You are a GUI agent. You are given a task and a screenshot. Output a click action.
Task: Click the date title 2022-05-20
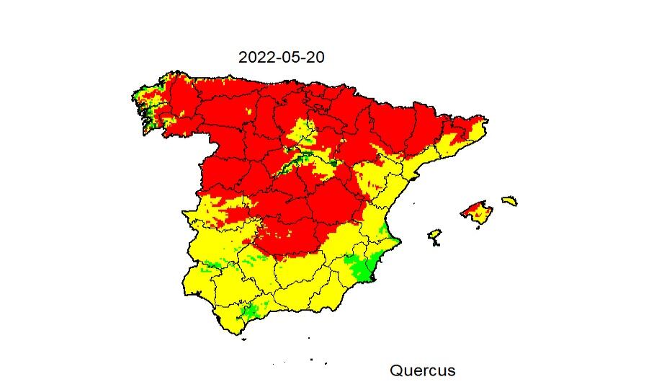[x=281, y=57]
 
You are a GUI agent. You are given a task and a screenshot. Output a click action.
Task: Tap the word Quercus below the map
[x=422, y=370]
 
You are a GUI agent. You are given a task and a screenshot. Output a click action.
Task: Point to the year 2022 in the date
[x=256, y=57]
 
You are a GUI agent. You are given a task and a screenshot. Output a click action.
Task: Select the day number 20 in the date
[x=315, y=57]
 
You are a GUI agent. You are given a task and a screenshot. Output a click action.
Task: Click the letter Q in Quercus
[x=396, y=370]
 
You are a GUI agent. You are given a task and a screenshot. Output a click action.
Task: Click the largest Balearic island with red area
[x=478, y=213]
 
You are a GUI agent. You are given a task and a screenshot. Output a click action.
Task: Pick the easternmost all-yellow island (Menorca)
[x=510, y=200]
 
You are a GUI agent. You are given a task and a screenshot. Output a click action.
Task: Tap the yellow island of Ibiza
[x=434, y=236]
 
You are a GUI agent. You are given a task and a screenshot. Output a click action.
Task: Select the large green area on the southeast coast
[x=360, y=267]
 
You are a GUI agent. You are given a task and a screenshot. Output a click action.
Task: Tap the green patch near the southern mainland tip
[x=251, y=311]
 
